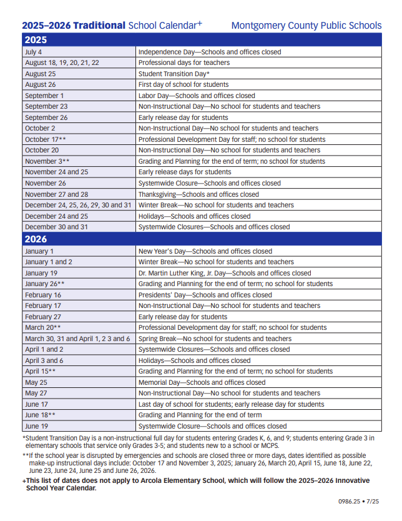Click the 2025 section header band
click(201, 40)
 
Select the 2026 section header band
click(201, 239)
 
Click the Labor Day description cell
click(197, 96)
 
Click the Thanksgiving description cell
click(199, 194)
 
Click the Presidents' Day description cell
click(205, 295)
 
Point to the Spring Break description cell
click(215, 339)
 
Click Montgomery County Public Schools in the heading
click(306, 26)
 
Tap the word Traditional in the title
click(99, 26)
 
